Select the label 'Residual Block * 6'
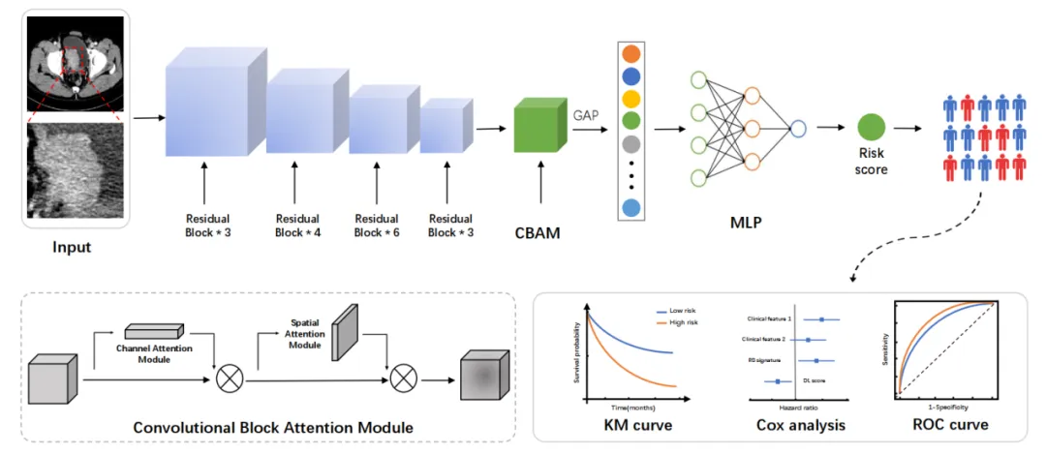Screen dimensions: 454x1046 (x=377, y=226)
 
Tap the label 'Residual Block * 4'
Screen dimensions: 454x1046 (x=297, y=226)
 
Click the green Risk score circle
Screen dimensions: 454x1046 (x=871, y=127)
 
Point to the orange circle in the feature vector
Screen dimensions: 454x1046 (x=631, y=54)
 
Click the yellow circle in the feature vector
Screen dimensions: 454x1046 (x=631, y=99)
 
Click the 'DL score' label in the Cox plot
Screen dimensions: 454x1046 (x=813, y=380)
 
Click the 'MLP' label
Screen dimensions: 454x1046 (x=746, y=223)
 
